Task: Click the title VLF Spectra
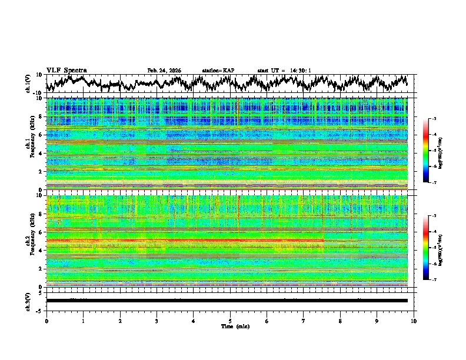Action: click(66, 70)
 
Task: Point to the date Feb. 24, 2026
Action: click(164, 71)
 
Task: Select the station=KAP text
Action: click(218, 71)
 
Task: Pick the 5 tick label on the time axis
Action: click(230, 321)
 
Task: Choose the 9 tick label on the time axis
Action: click(377, 321)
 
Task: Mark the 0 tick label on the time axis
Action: click(46, 321)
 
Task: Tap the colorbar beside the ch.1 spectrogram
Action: click(426, 151)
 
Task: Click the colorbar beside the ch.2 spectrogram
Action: click(426, 248)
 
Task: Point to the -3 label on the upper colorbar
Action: click(434, 119)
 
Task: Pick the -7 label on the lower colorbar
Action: click(434, 280)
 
